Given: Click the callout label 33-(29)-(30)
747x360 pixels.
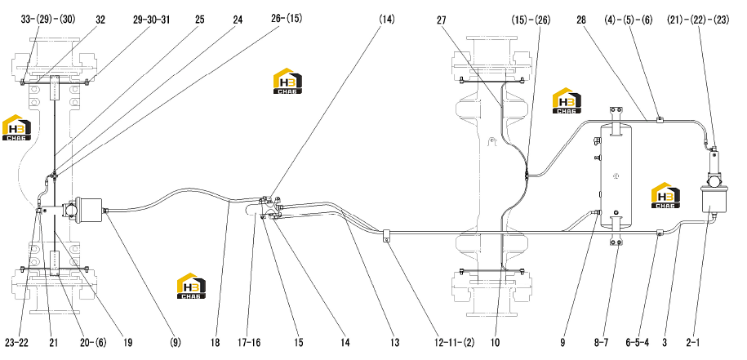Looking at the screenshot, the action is [48, 20].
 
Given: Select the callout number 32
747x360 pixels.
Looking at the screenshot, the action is [100, 20].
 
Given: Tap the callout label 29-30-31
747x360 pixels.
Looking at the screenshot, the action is [152, 20].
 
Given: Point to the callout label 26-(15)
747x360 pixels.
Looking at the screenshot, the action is [284, 19].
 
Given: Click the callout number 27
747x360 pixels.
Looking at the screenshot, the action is [442, 20].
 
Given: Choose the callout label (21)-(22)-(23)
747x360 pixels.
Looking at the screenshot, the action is [698, 20].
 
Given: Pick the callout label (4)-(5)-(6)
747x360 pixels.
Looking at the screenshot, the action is [628, 20].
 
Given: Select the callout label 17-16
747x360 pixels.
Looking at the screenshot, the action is [249, 342].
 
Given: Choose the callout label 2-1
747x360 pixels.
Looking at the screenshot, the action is [694, 342].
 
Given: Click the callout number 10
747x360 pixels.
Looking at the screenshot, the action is [496, 342].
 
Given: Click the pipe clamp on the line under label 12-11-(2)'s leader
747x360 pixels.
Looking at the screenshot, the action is [386, 235].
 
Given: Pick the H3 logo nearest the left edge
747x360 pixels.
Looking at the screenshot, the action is [16, 127].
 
